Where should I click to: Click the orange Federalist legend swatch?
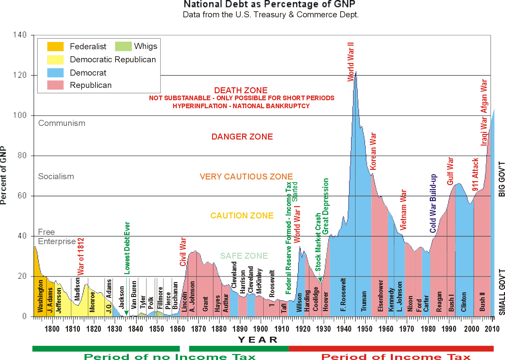coord(55,47)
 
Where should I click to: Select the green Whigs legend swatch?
coord(123,46)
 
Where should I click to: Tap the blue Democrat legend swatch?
coord(55,73)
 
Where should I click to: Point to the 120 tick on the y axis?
coord(20,75)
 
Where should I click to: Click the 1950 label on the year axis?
coord(365,329)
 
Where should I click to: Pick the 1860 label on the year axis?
coord(177,329)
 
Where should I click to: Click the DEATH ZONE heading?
coord(241,90)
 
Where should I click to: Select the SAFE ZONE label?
coord(244,256)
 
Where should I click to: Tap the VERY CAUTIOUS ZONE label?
coord(246,177)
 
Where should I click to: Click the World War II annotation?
coord(351,62)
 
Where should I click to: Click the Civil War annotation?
coord(183,252)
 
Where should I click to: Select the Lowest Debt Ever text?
coord(127,248)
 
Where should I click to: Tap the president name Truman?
coord(364,301)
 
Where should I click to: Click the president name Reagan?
coord(439,302)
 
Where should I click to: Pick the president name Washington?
coord(40,296)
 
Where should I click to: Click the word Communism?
coord(62,123)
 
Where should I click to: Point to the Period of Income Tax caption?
coord(396,357)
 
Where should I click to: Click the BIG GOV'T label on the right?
coord(501,179)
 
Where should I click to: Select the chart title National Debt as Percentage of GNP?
coord(269,4)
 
